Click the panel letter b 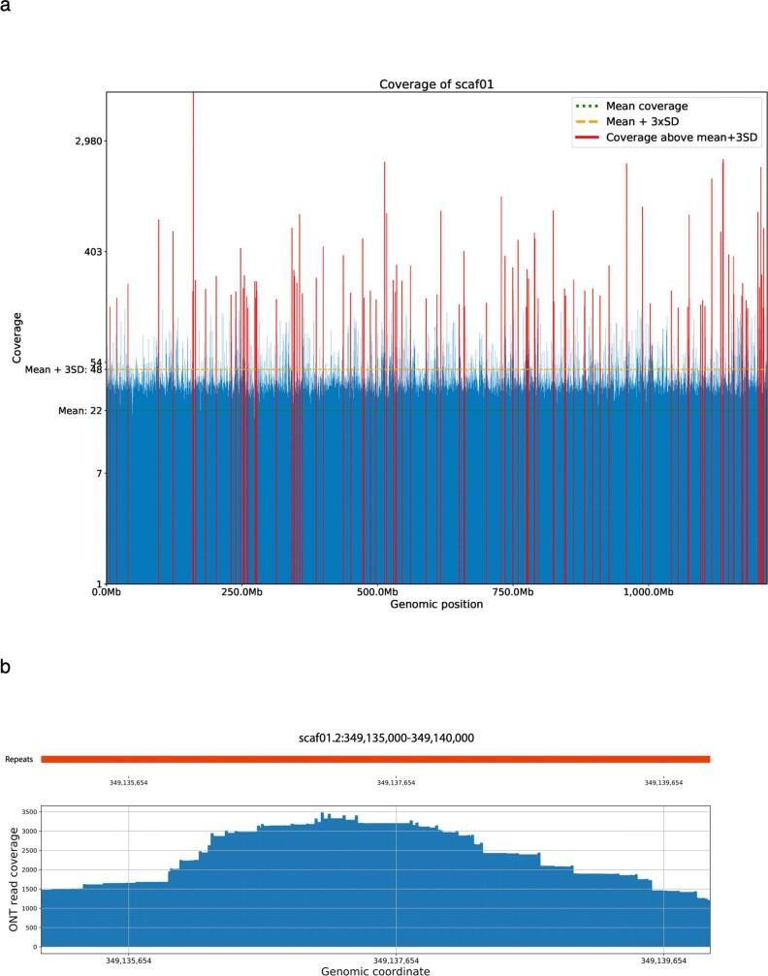click(7, 668)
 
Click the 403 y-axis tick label click(93, 252)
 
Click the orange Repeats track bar click(375, 759)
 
